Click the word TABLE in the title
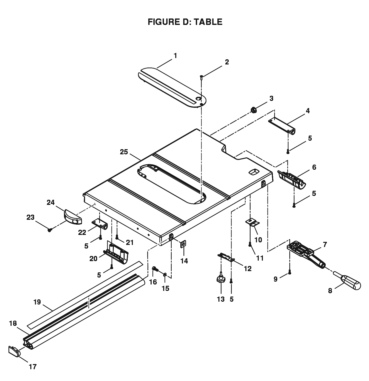pyautogui.click(x=208, y=22)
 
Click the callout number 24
pyautogui.click(x=51, y=202)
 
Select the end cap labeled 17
pyautogui.click(x=14, y=351)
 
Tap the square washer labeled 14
pyautogui.click(x=183, y=244)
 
